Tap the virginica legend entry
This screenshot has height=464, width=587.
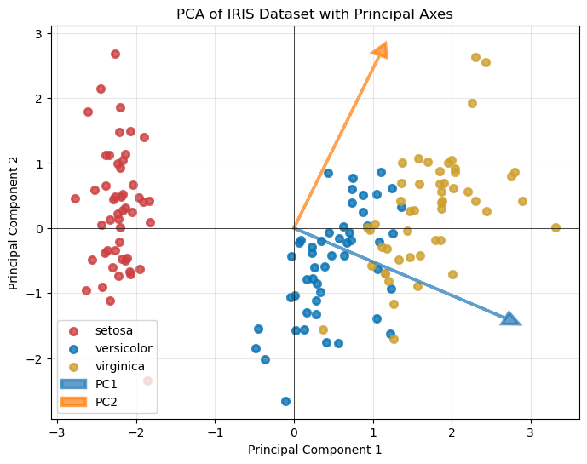coord(118,366)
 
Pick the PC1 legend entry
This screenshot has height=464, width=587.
coord(106,384)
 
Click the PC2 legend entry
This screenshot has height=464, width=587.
coord(106,401)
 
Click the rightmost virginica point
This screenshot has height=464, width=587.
coord(555,227)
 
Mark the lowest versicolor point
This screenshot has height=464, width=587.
coord(285,401)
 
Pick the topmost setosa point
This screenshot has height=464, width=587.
coord(115,54)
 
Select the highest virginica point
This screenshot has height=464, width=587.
coord(475,57)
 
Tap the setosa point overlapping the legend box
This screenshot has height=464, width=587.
coord(147,381)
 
